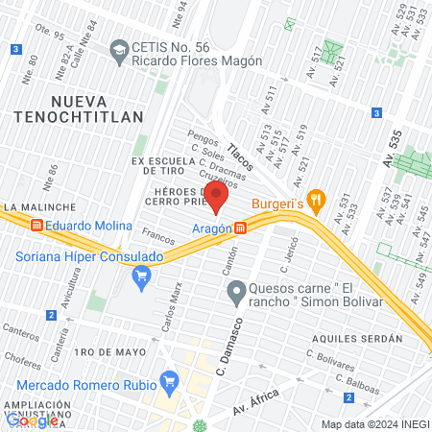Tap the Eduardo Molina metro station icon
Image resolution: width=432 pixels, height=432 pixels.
tap(36, 227)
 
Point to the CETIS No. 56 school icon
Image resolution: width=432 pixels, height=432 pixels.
tap(119, 48)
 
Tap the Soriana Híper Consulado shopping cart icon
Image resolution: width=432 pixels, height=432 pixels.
tap(142, 278)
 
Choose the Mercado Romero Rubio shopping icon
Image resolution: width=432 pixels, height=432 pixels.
tap(170, 379)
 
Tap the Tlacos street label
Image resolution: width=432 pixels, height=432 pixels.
tap(240, 158)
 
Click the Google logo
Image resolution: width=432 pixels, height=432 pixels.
tap(32, 420)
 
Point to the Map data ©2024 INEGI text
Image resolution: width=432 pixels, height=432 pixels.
tap(373, 424)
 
